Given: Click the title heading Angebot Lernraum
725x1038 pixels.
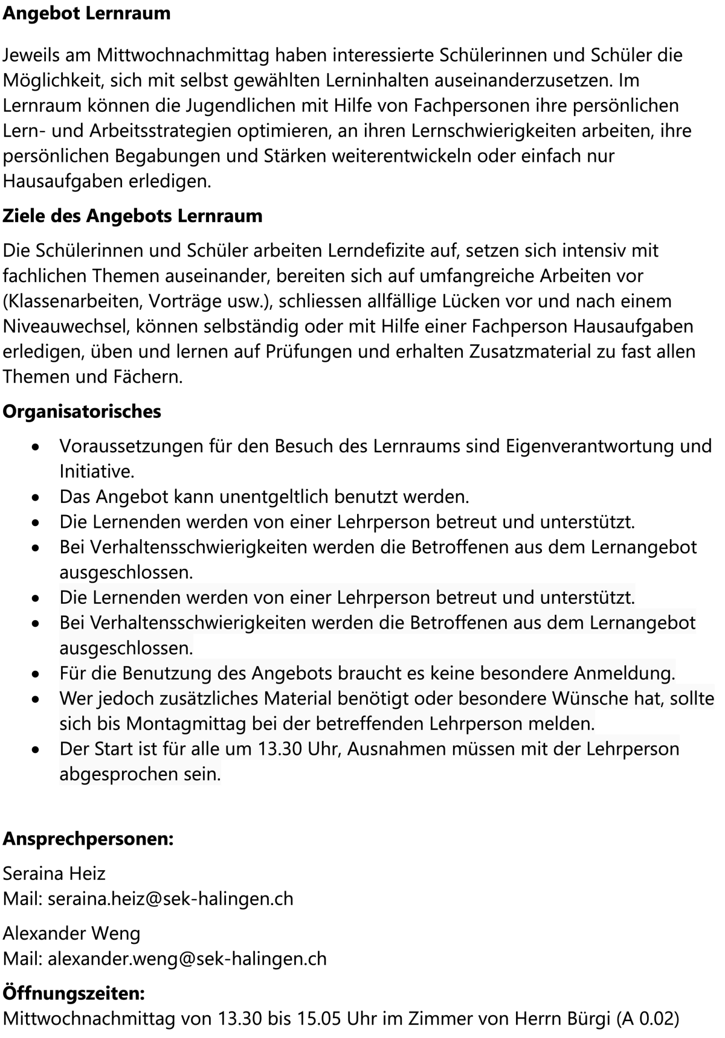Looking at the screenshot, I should (x=86, y=13).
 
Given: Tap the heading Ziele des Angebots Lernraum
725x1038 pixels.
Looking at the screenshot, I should (x=132, y=216).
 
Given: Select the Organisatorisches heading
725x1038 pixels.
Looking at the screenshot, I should (x=82, y=411).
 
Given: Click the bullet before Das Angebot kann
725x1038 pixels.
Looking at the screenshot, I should (x=37, y=498).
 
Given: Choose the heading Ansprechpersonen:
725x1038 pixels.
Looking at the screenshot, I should (x=88, y=839).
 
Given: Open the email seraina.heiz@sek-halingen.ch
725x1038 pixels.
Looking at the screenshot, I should (x=170, y=899).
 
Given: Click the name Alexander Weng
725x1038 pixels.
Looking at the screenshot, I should (x=71, y=934).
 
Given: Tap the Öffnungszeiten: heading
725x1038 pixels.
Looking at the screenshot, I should (x=74, y=993).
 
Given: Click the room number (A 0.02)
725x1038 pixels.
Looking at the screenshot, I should (x=647, y=1019).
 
